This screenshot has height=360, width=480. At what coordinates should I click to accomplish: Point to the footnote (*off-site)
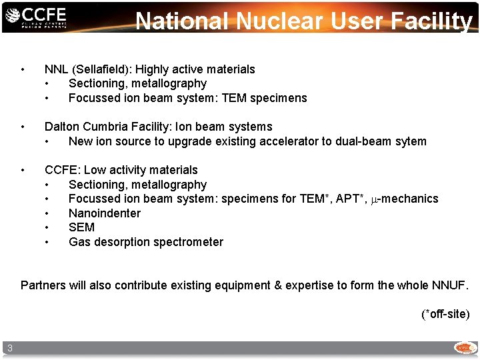pos(445,313)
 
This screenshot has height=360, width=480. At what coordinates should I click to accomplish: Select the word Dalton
pos(63,127)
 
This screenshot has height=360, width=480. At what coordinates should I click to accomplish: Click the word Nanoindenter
pos(105,213)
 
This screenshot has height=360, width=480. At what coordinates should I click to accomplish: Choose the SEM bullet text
pos(81,227)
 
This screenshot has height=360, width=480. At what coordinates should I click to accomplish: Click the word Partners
pos(43,285)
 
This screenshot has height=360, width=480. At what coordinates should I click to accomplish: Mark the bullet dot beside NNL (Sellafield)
pos(23,69)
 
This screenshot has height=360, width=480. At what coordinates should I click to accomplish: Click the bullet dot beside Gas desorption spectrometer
pos(47,242)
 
